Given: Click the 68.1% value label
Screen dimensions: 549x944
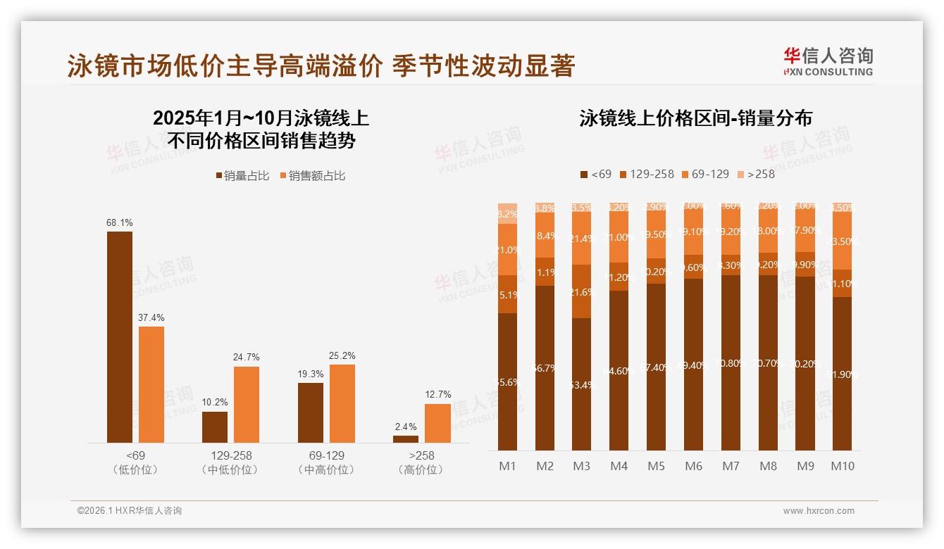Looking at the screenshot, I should [x=120, y=223].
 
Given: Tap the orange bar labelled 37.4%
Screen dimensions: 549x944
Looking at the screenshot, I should [x=151, y=384].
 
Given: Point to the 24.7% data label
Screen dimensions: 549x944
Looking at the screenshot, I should [x=247, y=358].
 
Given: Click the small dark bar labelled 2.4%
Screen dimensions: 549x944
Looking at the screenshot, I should [x=406, y=439].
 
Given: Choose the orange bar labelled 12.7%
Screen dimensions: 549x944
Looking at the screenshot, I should [x=437, y=423].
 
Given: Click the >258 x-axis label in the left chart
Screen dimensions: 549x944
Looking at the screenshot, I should [x=421, y=455].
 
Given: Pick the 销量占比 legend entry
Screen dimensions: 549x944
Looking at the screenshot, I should [x=242, y=176].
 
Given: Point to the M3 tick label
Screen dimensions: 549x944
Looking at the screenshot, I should [x=581, y=466].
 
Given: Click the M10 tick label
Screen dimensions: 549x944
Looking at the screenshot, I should [x=842, y=466].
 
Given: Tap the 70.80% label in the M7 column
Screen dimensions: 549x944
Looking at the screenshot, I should [x=731, y=363].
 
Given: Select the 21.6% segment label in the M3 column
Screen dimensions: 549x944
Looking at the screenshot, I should [x=581, y=291].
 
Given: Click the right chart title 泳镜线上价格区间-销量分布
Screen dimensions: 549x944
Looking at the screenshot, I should [x=695, y=118].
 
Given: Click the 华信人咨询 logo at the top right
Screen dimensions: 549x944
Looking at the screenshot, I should [x=828, y=61].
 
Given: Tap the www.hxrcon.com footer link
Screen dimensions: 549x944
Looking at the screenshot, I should [x=818, y=511].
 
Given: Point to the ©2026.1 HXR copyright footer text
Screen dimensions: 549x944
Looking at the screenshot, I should [x=130, y=511].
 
